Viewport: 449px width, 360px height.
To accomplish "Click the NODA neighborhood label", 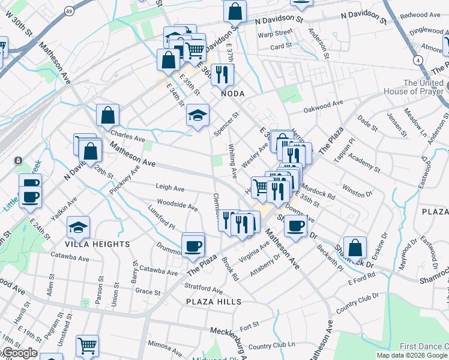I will click(233, 94).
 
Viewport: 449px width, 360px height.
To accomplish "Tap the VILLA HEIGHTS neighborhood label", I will click(98, 244).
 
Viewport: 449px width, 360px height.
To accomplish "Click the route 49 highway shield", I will click(70, 11).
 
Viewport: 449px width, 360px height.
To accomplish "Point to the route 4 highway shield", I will click(417, 61).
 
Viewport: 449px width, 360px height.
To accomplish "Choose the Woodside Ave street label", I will click(177, 205).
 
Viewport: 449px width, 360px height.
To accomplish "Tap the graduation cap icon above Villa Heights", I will click(77, 226).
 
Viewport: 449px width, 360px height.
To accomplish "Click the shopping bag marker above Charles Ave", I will click(107, 114).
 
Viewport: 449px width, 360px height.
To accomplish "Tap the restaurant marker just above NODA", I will click(222, 74).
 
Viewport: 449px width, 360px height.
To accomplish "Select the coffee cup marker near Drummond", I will click(193, 245).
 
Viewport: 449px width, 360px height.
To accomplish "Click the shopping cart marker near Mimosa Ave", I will click(87, 345).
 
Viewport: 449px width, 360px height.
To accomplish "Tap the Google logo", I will click(19, 353).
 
